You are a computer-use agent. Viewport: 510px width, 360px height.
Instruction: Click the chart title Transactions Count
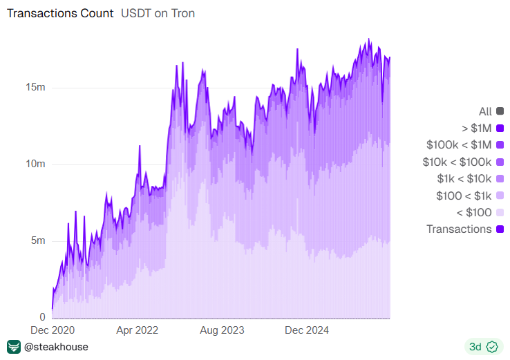(60, 14)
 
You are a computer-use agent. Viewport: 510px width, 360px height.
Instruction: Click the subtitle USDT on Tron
(158, 14)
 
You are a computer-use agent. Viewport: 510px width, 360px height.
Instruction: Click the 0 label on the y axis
(43, 317)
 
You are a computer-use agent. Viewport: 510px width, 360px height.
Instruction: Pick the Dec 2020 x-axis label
(52, 330)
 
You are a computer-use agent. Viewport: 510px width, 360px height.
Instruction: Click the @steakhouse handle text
(56, 347)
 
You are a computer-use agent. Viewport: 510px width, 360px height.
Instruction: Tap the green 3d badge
(483, 347)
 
